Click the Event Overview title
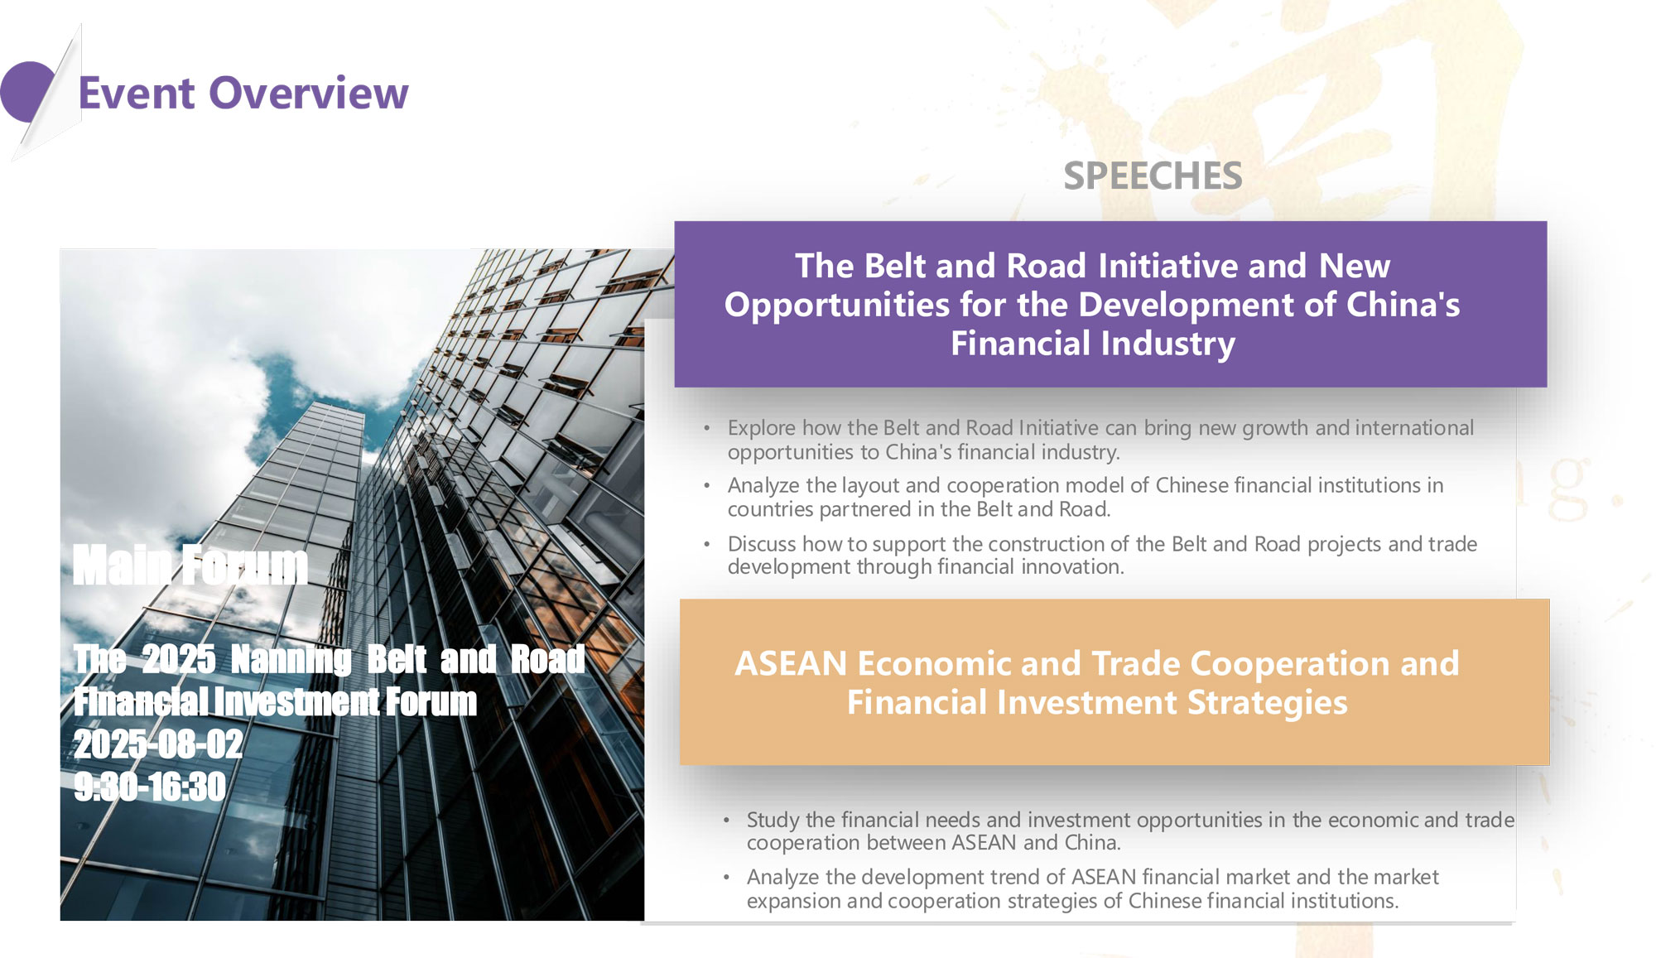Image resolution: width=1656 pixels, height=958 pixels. [243, 93]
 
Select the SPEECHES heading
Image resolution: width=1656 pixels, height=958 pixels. [1153, 176]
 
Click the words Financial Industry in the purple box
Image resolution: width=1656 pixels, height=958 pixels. [1093, 344]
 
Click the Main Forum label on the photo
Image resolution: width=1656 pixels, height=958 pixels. [190, 566]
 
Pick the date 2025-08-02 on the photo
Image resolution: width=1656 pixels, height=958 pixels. [158, 744]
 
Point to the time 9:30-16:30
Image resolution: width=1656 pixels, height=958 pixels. [150, 787]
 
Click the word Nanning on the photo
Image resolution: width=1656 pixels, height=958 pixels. [291, 660]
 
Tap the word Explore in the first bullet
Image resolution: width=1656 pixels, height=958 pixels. [762, 429]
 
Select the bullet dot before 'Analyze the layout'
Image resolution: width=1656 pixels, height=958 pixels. [707, 486]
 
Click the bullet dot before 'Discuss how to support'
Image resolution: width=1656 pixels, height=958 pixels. [707, 545]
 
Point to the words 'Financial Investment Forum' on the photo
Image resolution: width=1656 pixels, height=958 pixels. [276, 702]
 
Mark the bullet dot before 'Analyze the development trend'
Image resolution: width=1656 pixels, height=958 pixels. [726, 878]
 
